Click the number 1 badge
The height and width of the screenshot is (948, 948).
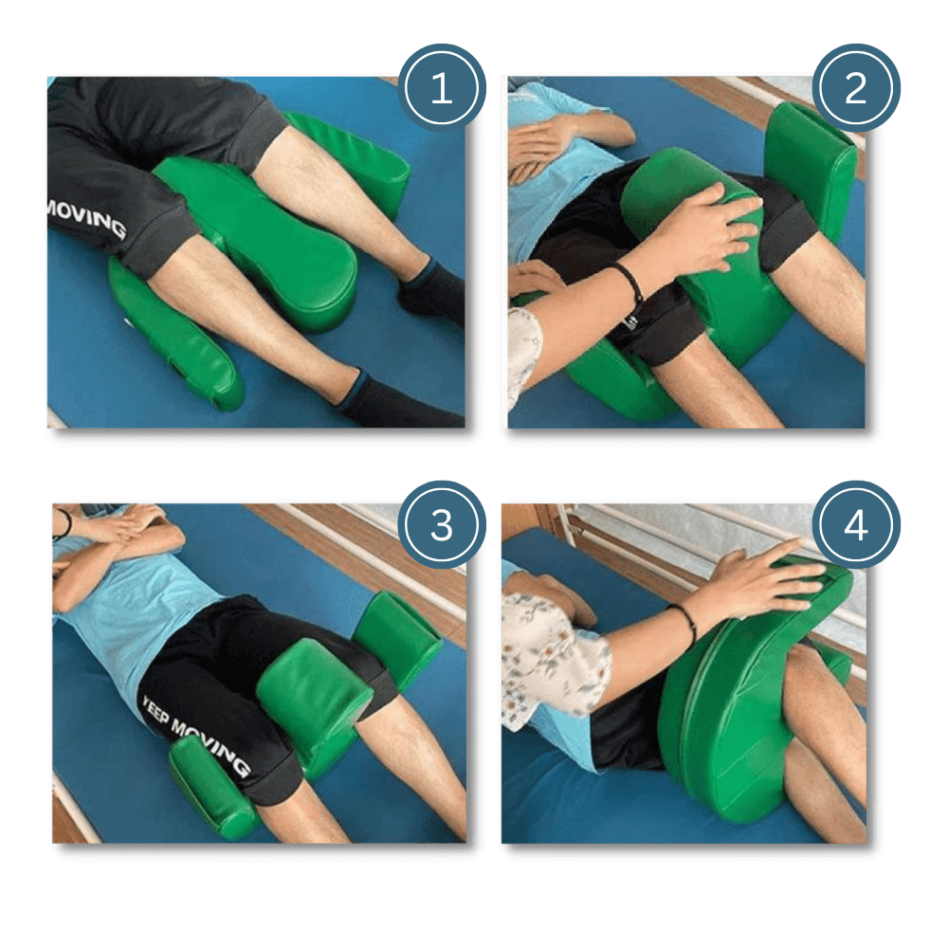[441, 91]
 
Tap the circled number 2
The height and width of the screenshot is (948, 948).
[855, 90]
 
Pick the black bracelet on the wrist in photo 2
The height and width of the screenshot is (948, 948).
[627, 281]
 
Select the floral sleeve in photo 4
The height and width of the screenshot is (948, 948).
[555, 664]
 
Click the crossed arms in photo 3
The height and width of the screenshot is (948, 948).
[114, 536]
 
